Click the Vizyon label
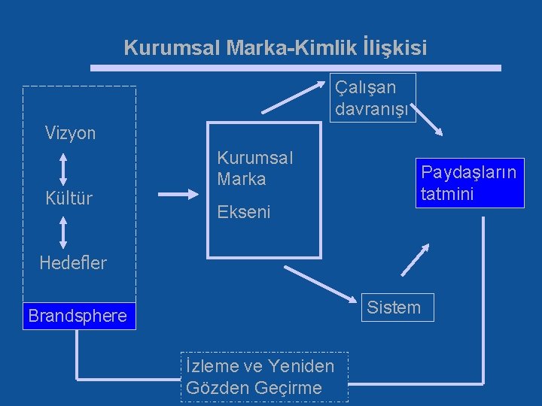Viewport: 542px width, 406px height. [x=70, y=133]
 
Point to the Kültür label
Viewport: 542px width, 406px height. [x=69, y=198]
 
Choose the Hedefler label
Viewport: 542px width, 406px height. [x=73, y=262]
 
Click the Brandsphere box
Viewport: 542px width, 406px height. [x=78, y=316]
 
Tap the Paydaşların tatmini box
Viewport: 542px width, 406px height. [x=469, y=183]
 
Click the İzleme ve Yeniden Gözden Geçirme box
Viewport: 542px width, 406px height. [x=263, y=377]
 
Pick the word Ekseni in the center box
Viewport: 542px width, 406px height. [x=243, y=212]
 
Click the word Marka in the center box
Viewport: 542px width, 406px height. [x=241, y=179]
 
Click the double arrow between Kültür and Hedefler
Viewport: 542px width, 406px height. [x=63, y=232]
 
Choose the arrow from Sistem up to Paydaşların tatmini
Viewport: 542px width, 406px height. [x=416, y=259]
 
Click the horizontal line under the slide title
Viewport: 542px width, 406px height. [x=295, y=68]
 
